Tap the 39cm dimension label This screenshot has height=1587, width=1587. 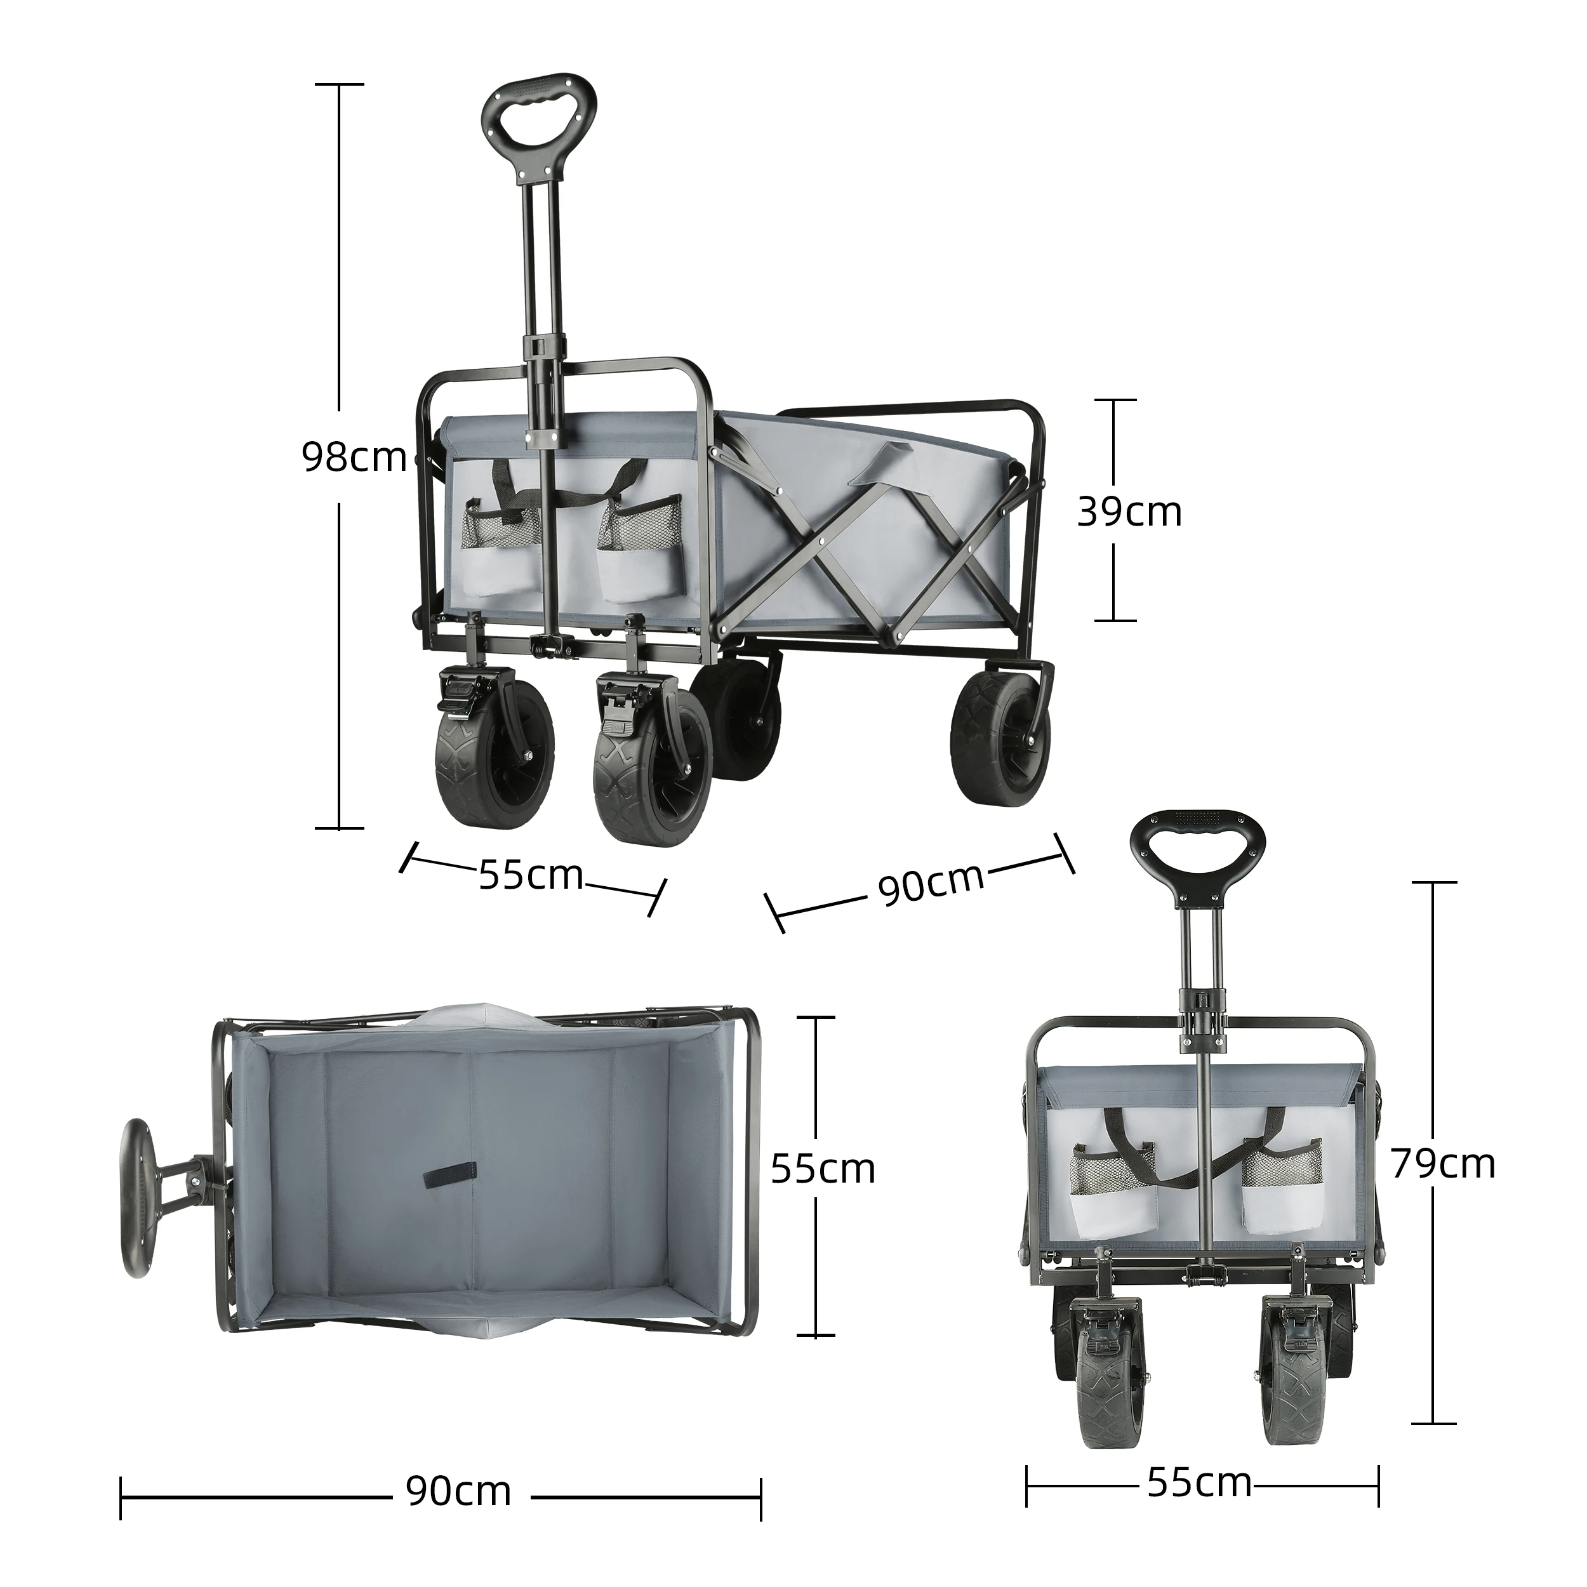coord(1129,511)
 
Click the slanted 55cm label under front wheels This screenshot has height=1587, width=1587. coord(531,875)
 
